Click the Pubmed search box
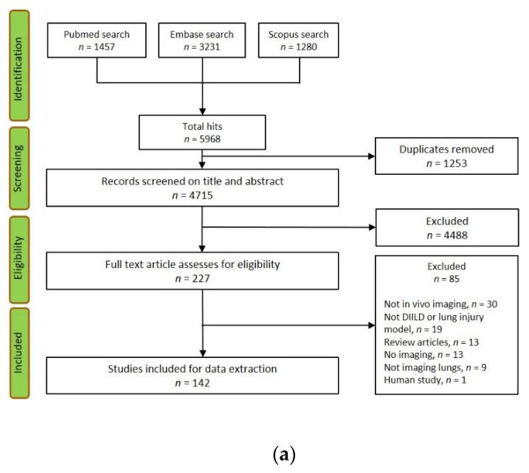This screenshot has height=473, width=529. (97, 40)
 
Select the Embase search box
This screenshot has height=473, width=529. (201, 40)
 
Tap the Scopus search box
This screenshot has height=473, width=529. (299, 40)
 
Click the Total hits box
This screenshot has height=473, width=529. (202, 132)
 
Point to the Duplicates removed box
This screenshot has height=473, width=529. (446, 156)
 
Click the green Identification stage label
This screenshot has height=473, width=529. (19, 66)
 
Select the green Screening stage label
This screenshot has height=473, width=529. (19, 168)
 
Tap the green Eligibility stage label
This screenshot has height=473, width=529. (19, 260)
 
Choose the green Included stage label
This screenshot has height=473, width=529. (19, 353)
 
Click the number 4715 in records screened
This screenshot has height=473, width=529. (201, 196)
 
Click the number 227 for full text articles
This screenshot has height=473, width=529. (201, 279)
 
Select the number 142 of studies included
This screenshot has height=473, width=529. (201, 383)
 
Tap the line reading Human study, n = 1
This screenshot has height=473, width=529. (425, 380)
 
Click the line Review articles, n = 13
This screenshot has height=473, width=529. (432, 342)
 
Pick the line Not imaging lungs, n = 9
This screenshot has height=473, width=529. (435, 367)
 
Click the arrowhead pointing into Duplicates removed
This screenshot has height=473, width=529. (371, 156)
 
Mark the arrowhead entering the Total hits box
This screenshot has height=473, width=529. (202, 111)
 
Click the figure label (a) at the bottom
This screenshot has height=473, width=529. (284, 455)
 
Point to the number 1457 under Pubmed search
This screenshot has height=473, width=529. (105, 47)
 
